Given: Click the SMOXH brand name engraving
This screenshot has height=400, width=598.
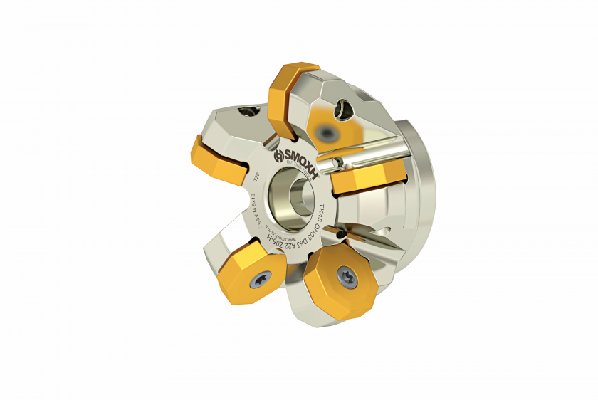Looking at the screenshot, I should pyautogui.click(x=299, y=158).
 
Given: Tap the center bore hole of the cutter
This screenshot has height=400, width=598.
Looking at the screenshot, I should pyautogui.click(x=293, y=194).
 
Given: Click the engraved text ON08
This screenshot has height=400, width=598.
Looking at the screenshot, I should pyautogui.click(x=315, y=227).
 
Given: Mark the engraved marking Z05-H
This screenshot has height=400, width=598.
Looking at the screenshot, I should pyautogui.click(x=275, y=243).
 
